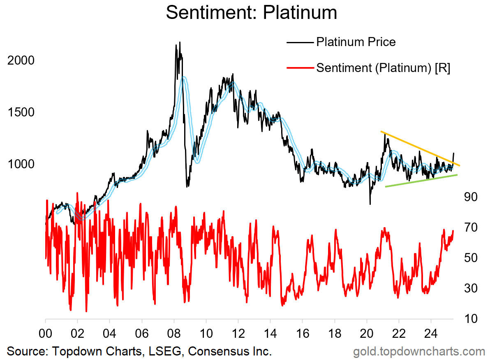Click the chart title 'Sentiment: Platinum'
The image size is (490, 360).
251,13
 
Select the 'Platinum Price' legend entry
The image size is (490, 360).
356,42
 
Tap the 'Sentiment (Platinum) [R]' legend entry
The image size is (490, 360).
382,68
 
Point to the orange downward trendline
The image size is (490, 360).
419,149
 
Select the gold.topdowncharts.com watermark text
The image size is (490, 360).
419,352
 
